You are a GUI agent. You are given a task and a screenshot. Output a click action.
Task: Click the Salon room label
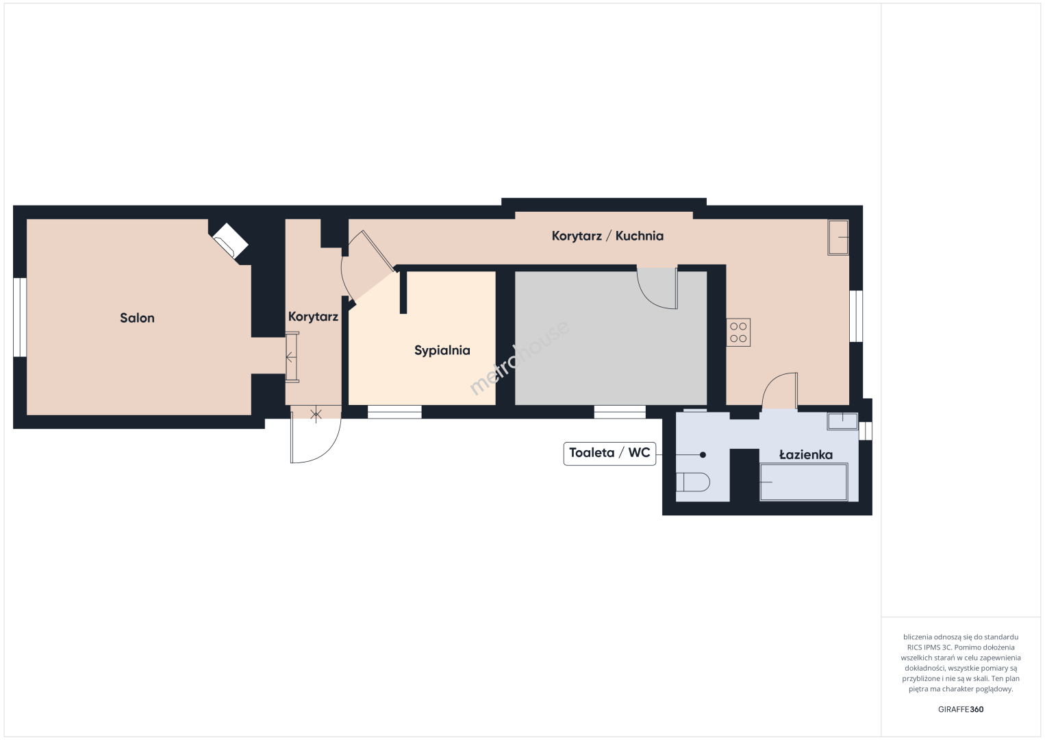click(x=137, y=318)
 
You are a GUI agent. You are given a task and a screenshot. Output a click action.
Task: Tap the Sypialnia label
click(x=442, y=351)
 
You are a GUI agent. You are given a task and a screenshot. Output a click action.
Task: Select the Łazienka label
click(x=806, y=454)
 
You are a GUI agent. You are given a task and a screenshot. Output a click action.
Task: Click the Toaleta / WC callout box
click(x=609, y=454)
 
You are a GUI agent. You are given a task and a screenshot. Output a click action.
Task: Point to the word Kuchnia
click(x=640, y=236)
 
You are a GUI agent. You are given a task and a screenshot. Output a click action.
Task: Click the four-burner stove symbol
click(x=738, y=332)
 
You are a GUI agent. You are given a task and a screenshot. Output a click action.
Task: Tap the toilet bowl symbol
click(x=693, y=482)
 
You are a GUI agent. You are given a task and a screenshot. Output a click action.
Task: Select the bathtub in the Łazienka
click(x=804, y=482)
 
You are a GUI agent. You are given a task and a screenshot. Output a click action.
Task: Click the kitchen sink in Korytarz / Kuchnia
click(x=838, y=238)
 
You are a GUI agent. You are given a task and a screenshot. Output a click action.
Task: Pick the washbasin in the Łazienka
click(x=842, y=421)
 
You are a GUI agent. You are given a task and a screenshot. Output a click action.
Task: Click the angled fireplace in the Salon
click(x=231, y=241)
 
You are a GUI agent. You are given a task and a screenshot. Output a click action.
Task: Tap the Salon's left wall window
click(x=20, y=317)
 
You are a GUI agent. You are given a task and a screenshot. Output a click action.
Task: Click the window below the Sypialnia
click(x=394, y=412)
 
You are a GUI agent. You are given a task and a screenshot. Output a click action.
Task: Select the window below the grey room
click(x=620, y=412)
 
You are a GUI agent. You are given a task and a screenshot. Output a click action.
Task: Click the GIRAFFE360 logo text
click(x=961, y=709)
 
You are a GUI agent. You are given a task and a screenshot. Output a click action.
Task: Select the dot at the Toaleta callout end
click(x=703, y=455)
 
